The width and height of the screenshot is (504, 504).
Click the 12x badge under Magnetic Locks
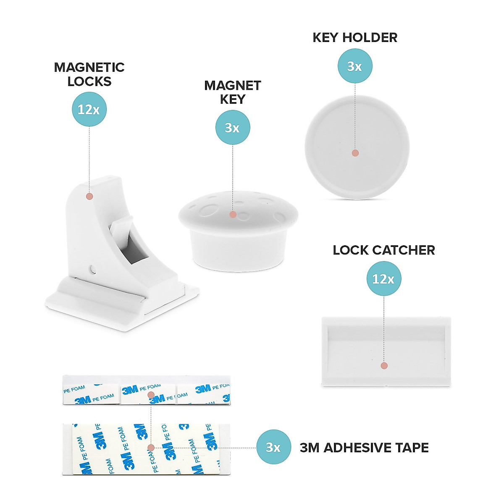point(89,109)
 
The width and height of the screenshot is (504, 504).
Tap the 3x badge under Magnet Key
point(232,127)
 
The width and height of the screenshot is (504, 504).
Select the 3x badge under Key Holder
point(355,66)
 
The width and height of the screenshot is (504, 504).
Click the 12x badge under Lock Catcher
point(383,278)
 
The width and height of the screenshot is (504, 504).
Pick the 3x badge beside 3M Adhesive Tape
point(273,447)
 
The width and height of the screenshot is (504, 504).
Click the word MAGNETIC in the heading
point(89,68)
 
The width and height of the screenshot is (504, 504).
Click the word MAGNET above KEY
point(232,86)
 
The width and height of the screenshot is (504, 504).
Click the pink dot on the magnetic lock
point(89,196)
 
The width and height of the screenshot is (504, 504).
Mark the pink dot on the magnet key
point(233,215)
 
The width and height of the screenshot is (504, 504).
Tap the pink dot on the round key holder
point(355,153)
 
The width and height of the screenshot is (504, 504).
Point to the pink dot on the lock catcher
point(384,366)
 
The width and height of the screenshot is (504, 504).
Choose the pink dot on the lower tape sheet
point(151,448)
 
